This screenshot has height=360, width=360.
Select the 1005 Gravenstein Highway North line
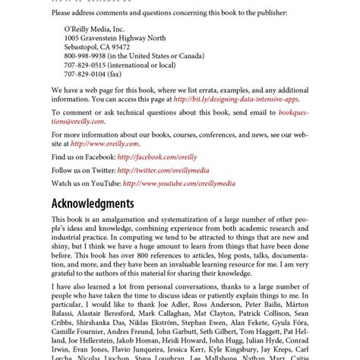(115, 37)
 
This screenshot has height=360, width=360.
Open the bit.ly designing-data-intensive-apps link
(236, 99)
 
